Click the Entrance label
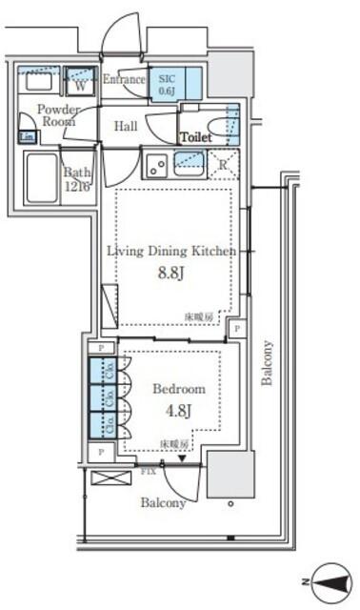click(x=124, y=79)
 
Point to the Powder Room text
click(x=58, y=115)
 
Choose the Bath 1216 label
click(x=76, y=178)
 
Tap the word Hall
click(x=126, y=126)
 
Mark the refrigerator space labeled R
click(x=222, y=165)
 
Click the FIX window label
click(x=148, y=471)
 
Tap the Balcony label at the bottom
click(x=164, y=502)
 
